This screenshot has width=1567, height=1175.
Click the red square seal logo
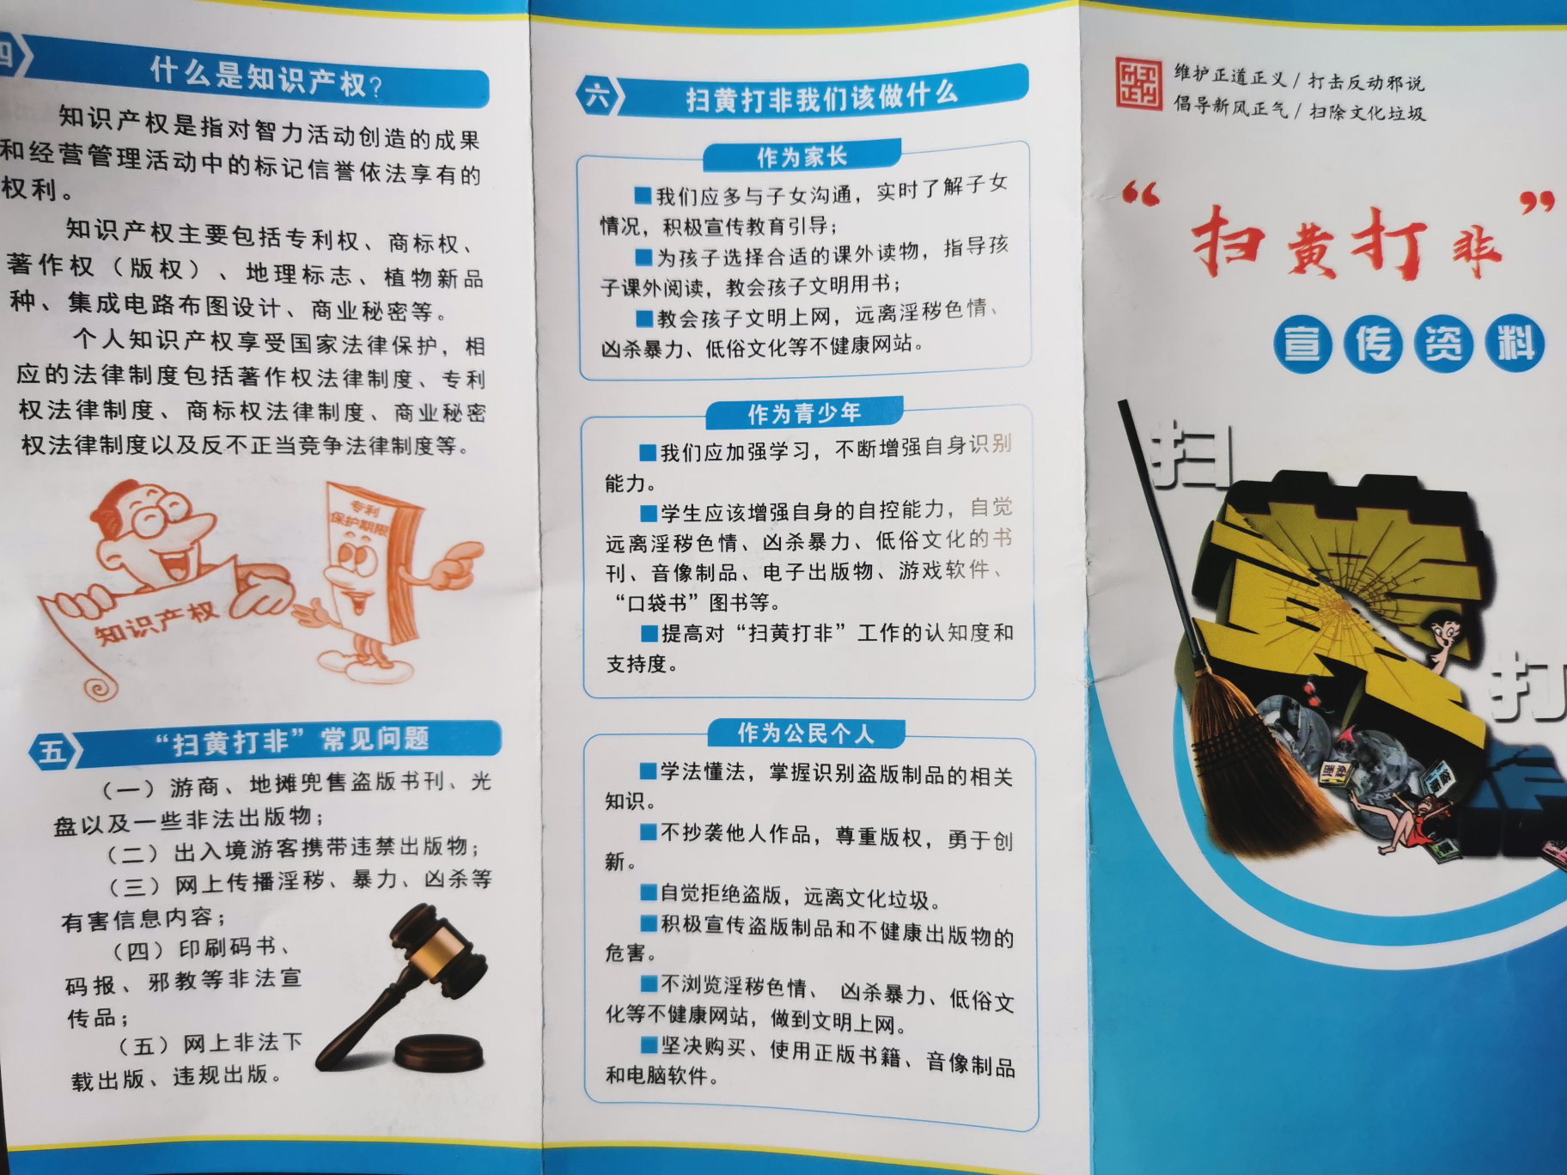tap(1139, 84)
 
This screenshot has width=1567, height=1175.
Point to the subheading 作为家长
tap(802, 157)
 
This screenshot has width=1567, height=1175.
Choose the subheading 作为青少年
tap(804, 414)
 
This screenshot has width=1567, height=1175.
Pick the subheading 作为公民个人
tap(806, 734)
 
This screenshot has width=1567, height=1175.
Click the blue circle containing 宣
tap(1302, 344)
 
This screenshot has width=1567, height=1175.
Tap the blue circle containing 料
tap(1515, 344)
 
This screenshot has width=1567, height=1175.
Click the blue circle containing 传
tap(1373, 344)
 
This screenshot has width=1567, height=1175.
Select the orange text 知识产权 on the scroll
tap(155, 623)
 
